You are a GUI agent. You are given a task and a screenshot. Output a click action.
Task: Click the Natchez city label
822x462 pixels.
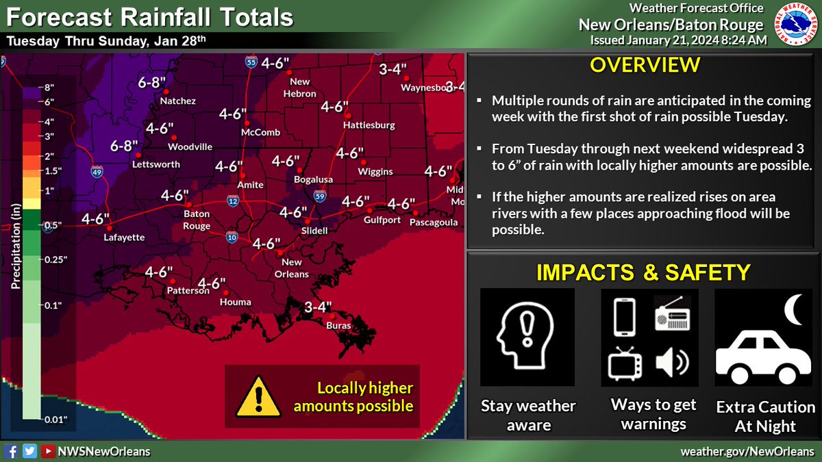coord(177,101)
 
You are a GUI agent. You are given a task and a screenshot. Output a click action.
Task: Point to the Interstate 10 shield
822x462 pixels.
coord(232,238)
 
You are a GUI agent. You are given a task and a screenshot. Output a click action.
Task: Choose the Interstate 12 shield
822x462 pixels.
coord(234,200)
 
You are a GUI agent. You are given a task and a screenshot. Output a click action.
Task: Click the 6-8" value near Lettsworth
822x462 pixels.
coord(124,146)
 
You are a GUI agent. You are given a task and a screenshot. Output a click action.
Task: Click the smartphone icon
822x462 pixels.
coord(623,317)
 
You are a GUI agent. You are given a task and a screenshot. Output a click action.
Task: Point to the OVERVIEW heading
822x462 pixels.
coord(644,66)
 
